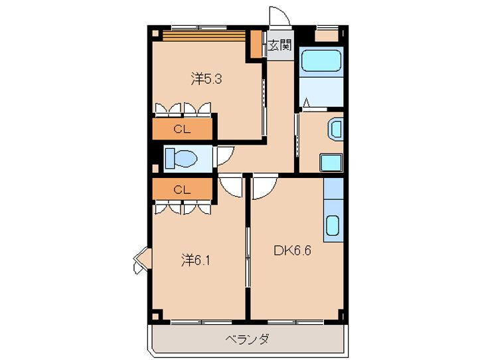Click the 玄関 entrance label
[279, 46]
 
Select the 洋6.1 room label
[197, 260]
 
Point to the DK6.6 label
[292, 250]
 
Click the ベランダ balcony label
[247, 339]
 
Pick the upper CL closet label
[182, 130]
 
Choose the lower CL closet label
[182, 190]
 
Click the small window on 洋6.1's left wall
[140, 260]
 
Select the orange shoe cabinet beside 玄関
[256, 45]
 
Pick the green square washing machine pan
[329, 163]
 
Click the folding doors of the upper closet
[183, 109]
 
